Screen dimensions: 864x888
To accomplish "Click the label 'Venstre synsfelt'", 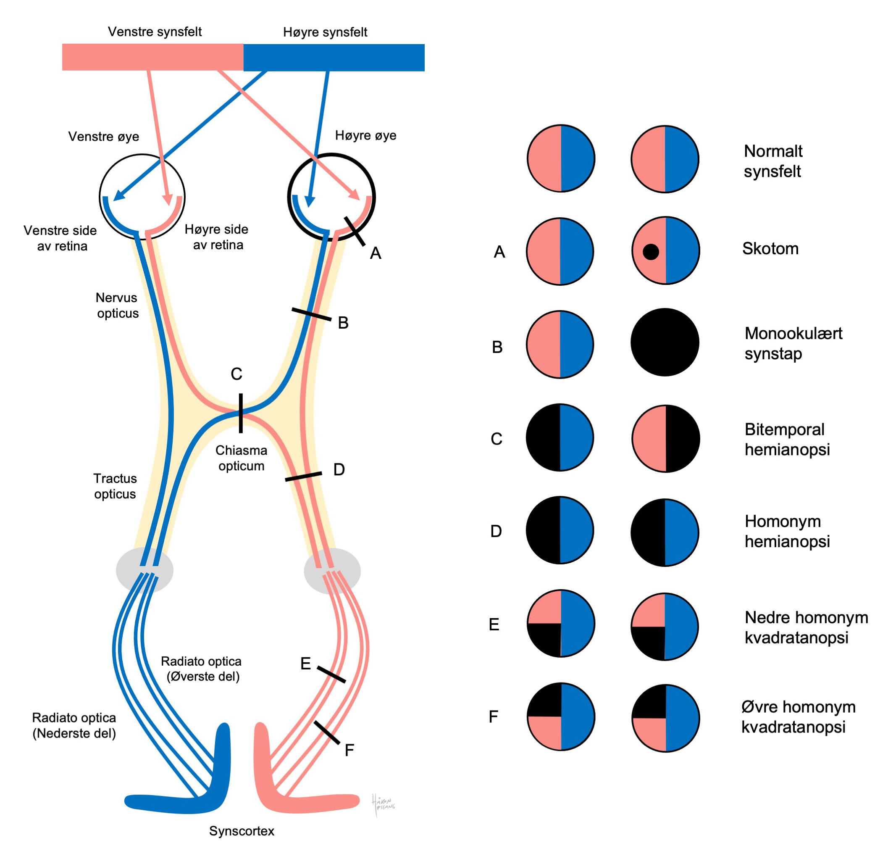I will coord(155,32).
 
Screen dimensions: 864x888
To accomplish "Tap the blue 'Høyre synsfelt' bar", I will coord(334,58).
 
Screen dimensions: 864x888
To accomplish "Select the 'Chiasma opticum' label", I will coord(241,458).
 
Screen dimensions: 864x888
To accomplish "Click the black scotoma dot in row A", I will coord(650,252).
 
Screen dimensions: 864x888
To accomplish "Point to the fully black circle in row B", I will coord(665,342).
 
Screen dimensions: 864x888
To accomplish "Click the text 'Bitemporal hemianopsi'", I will coord(787,439).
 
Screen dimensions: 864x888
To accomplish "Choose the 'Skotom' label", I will coord(770,249).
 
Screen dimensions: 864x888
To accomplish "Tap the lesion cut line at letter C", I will coord(241,413).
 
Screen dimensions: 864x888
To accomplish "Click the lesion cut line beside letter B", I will coord(311,314).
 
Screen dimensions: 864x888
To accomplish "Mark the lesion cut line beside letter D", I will coord(303,477).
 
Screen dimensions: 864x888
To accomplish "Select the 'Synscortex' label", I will coord(241,831).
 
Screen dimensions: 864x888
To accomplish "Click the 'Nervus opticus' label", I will coord(117,306).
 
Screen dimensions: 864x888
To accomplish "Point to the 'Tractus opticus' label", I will coord(115,486).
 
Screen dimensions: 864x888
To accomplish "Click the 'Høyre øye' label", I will coord(365,135).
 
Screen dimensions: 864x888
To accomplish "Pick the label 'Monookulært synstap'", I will coord(793,343).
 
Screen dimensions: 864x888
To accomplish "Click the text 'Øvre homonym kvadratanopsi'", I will coord(798,716).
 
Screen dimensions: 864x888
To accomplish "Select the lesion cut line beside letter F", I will coord(326,733).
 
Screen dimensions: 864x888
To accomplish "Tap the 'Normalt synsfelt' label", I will coord(773,161).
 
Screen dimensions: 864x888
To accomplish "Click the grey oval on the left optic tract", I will coord(144,570).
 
